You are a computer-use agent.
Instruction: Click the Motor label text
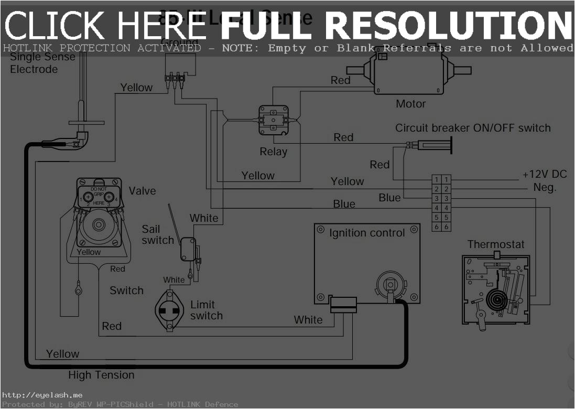(410, 104)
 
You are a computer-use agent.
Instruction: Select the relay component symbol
(274, 120)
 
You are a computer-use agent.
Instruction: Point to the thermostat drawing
(495, 289)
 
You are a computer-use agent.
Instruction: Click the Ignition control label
(367, 233)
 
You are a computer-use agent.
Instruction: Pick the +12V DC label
(545, 175)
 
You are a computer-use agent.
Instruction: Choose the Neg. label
(545, 187)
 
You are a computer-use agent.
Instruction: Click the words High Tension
(101, 375)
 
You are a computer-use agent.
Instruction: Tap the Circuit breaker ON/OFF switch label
(473, 128)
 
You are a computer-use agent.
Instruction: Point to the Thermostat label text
(495, 244)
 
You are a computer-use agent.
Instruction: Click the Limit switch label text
(206, 310)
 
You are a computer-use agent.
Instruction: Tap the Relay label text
(274, 152)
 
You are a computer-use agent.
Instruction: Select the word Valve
(142, 190)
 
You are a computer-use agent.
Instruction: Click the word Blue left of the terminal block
(389, 198)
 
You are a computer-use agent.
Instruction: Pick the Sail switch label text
(157, 234)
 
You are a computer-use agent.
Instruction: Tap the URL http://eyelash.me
(42, 395)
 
